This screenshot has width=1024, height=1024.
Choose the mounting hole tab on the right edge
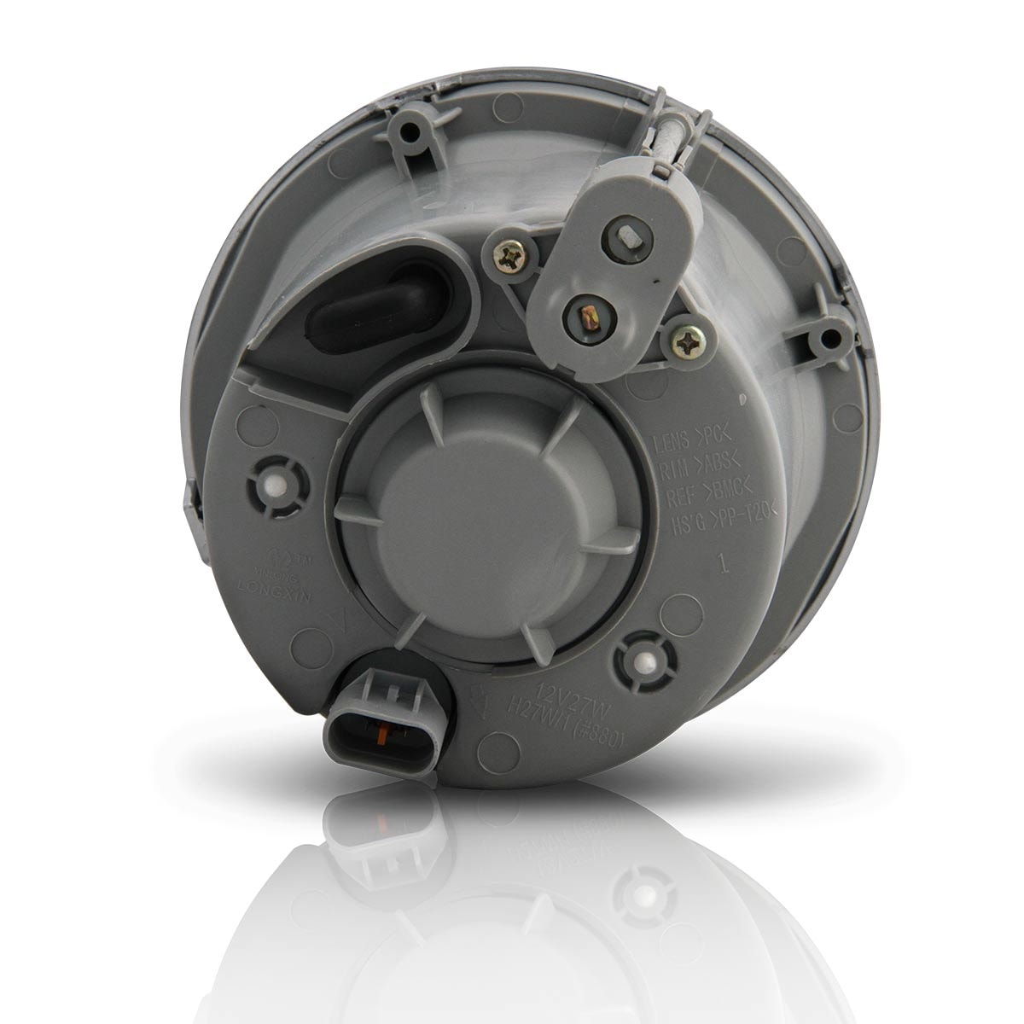coord(827,341)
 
